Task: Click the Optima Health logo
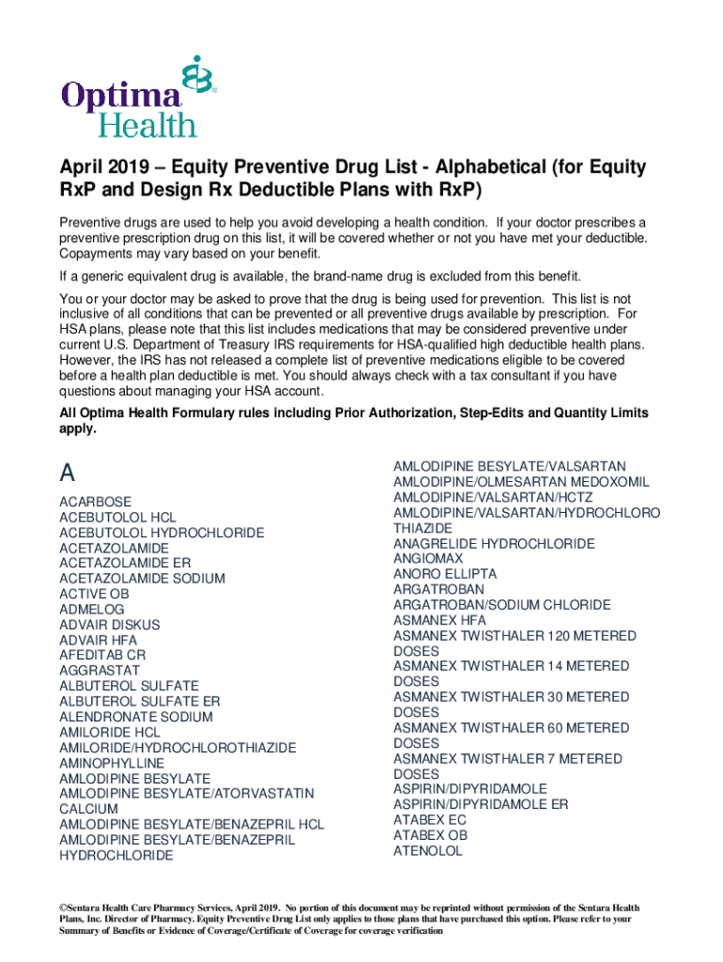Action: click(x=139, y=97)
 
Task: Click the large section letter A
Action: click(x=68, y=472)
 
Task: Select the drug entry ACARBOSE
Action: click(x=96, y=503)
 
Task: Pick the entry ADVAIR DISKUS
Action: click(x=110, y=625)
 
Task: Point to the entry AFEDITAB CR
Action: click(x=103, y=656)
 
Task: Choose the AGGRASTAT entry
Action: click(x=100, y=671)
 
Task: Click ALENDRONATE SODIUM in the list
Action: click(x=136, y=717)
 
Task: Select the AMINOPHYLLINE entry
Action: click(x=112, y=763)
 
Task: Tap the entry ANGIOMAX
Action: click(x=428, y=559)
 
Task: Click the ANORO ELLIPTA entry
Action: click(x=445, y=574)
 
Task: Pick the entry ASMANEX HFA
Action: click(x=439, y=620)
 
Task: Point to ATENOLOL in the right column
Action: click(x=428, y=851)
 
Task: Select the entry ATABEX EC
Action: click(x=429, y=820)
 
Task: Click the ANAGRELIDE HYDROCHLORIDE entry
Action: click(x=494, y=544)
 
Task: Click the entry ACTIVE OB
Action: click(x=94, y=594)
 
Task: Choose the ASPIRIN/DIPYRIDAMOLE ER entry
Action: click(x=481, y=805)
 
